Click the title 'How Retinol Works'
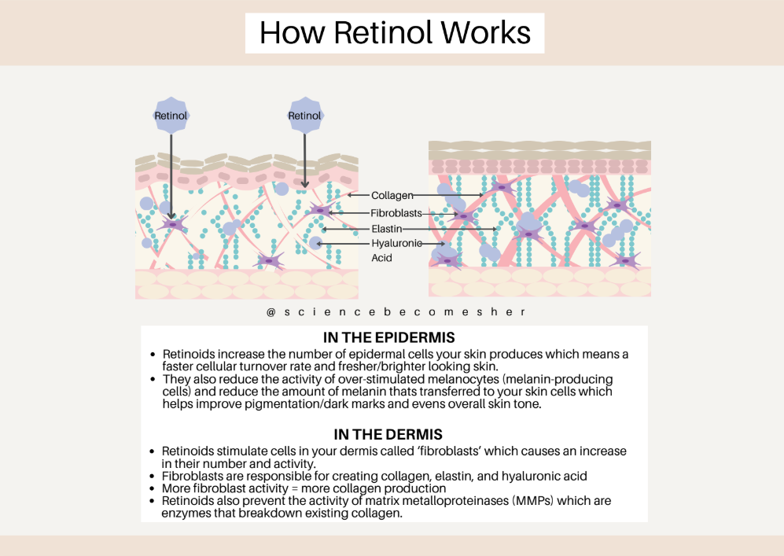(395, 32)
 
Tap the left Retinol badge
(171, 116)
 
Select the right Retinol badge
(304, 116)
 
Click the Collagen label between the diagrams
(392, 195)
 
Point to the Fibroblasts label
(396, 212)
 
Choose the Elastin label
(387, 229)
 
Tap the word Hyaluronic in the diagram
(396, 244)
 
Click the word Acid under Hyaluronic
(381, 258)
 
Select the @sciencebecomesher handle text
(395, 312)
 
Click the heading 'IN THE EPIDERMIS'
(388, 338)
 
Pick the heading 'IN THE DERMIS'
(388, 434)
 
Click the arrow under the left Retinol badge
(171, 173)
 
